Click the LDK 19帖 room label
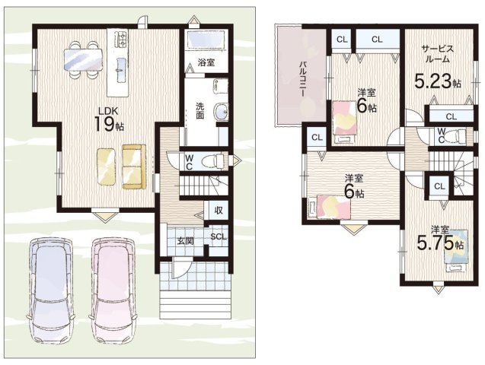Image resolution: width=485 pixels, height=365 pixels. click(109, 120)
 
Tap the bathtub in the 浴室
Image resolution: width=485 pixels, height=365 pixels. click(206, 40)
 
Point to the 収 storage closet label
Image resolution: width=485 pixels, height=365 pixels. click(219, 211)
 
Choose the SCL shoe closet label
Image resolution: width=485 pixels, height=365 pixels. click(219, 236)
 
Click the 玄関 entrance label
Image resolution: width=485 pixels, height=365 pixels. click(185, 240)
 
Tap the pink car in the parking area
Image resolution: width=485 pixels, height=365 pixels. click(113, 290)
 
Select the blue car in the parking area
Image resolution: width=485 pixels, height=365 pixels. click(51, 290)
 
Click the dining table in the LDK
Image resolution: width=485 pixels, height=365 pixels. click(82, 59)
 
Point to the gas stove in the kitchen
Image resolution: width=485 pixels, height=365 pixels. click(120, 40)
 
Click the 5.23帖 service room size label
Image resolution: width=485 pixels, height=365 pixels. click(437, 82)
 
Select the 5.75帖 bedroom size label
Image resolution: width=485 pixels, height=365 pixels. click(440, 243)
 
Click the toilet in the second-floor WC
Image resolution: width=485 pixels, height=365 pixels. click(455, 135)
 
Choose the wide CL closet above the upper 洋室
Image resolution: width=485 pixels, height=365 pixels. click(377, 40)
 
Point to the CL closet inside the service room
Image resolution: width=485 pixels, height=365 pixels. click(451, 116)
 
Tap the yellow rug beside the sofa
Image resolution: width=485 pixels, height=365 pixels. click(106, 167)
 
